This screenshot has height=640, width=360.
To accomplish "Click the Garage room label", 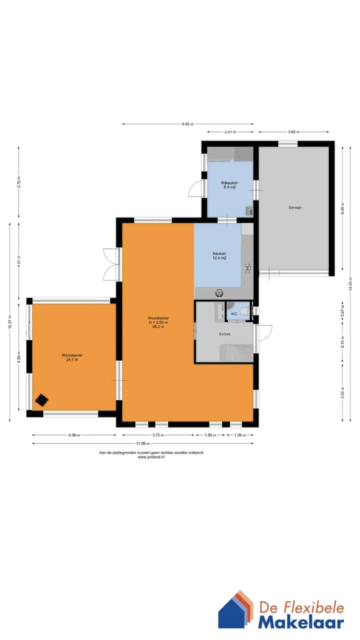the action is [x=295, y=207].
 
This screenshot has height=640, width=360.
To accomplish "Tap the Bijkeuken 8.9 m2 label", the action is [x=229, y=185].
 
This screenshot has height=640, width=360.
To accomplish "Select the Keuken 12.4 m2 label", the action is [x=219, y=255].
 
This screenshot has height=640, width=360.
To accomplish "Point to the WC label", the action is [x=234, y=313].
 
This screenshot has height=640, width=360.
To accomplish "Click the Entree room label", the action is [x=225, y=333].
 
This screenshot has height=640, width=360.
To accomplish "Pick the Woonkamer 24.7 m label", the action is [x=72, y=357].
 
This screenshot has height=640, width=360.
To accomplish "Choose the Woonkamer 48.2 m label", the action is [x=158, y=322].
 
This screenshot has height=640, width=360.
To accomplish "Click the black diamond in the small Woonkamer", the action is [x=41, y=400].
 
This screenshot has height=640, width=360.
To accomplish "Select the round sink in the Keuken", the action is [x=219, y=293].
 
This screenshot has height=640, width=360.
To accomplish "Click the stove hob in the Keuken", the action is [x=247, y=268].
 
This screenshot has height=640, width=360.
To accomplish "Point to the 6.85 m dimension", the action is [x=187, y=124].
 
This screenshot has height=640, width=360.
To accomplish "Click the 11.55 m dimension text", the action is [x=143, y=443].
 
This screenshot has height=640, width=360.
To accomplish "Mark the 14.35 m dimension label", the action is [x=350, y=284].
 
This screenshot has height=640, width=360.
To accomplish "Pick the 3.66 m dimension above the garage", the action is [x=293, y=131].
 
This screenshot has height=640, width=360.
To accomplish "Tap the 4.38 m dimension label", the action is [x=74, y=435].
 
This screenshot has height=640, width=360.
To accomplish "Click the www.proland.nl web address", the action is [x=151, y=457].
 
